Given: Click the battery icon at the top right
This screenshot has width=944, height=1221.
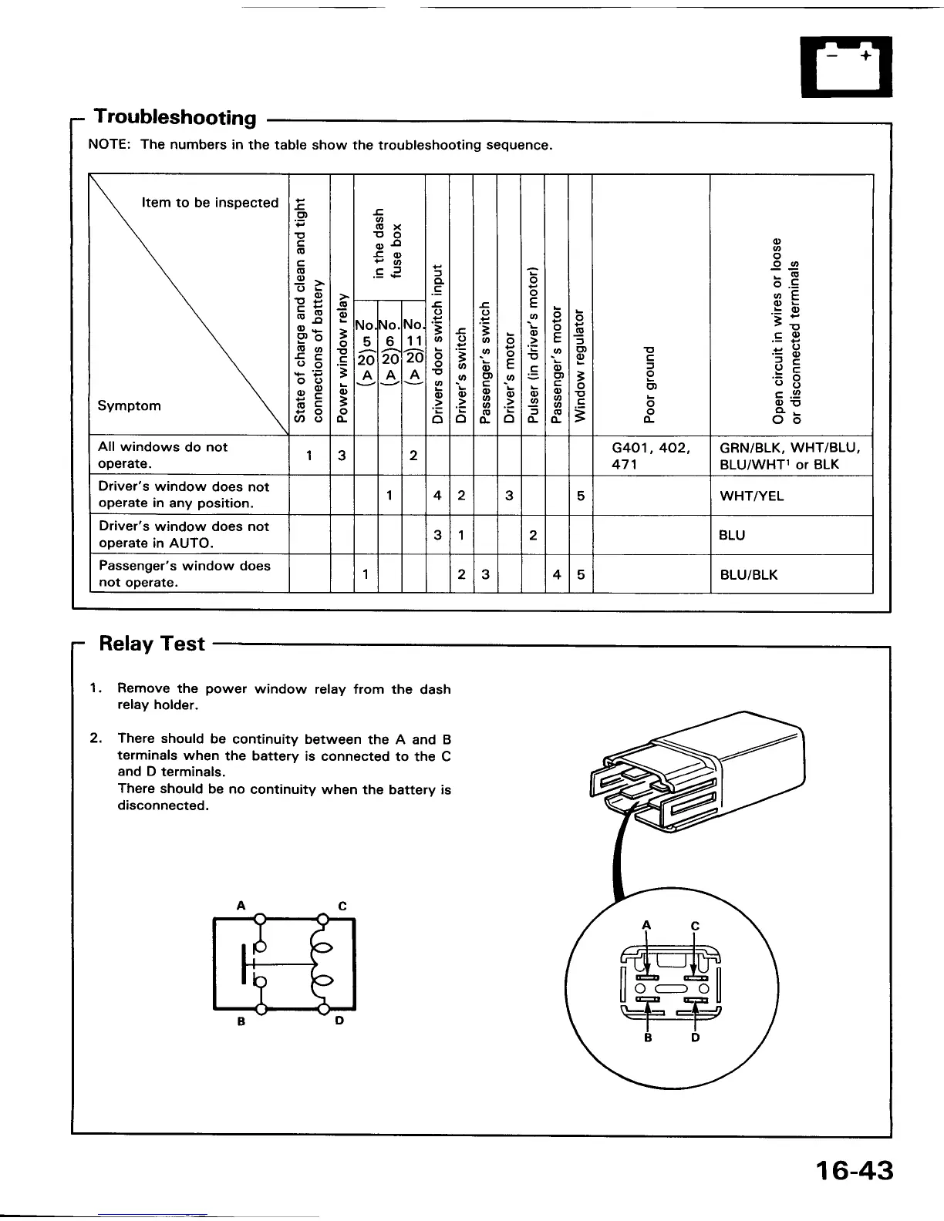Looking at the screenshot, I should click(x=846, y=66).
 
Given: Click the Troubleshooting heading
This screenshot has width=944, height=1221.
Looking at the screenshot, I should click(x=175, y=117).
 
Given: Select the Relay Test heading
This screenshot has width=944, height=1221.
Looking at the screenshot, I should click(x=152, y=644).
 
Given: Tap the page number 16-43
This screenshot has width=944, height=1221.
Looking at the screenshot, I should click(x=854, y=1171).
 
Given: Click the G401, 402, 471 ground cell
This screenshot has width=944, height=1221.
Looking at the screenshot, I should click(x=651, y=456).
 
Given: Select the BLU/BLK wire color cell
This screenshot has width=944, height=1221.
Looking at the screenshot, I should click(x=748, y=574).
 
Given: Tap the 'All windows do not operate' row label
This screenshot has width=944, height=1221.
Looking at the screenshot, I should click(x=163, y=455).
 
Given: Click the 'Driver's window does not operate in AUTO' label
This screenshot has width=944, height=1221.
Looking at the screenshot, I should click(x=184, y=534).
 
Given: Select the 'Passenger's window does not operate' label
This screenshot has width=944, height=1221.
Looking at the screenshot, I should click(x=184, y=573).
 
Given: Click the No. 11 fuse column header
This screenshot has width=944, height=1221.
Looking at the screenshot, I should click(x=414, y=351).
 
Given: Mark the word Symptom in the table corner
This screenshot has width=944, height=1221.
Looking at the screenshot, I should click(x=130, y=405).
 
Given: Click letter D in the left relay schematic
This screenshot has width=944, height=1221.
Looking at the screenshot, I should click(x=339, y=1021).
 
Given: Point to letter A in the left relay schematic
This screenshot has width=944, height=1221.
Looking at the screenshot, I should click(x=241, y=906).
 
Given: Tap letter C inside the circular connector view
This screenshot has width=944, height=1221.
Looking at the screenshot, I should click(x=695, y=925).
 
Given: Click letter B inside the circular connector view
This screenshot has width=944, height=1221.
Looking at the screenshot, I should click(x=648, y=1038).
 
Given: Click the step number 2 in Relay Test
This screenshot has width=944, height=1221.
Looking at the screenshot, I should click(x=94, y=738).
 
